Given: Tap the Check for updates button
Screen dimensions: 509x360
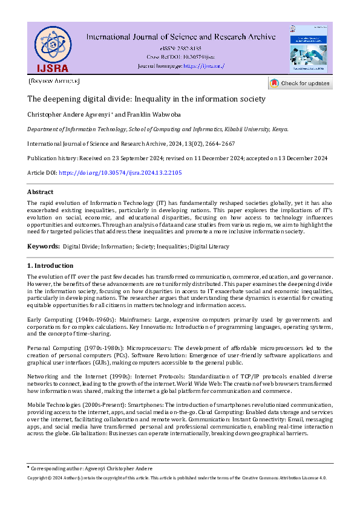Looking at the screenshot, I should (x=300, y=83).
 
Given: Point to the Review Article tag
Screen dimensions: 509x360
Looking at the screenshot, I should (x=54, y=81).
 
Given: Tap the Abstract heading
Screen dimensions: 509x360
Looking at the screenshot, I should (x=40, y=192).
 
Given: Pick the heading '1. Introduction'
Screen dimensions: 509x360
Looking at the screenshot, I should (x=51, y=265).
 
